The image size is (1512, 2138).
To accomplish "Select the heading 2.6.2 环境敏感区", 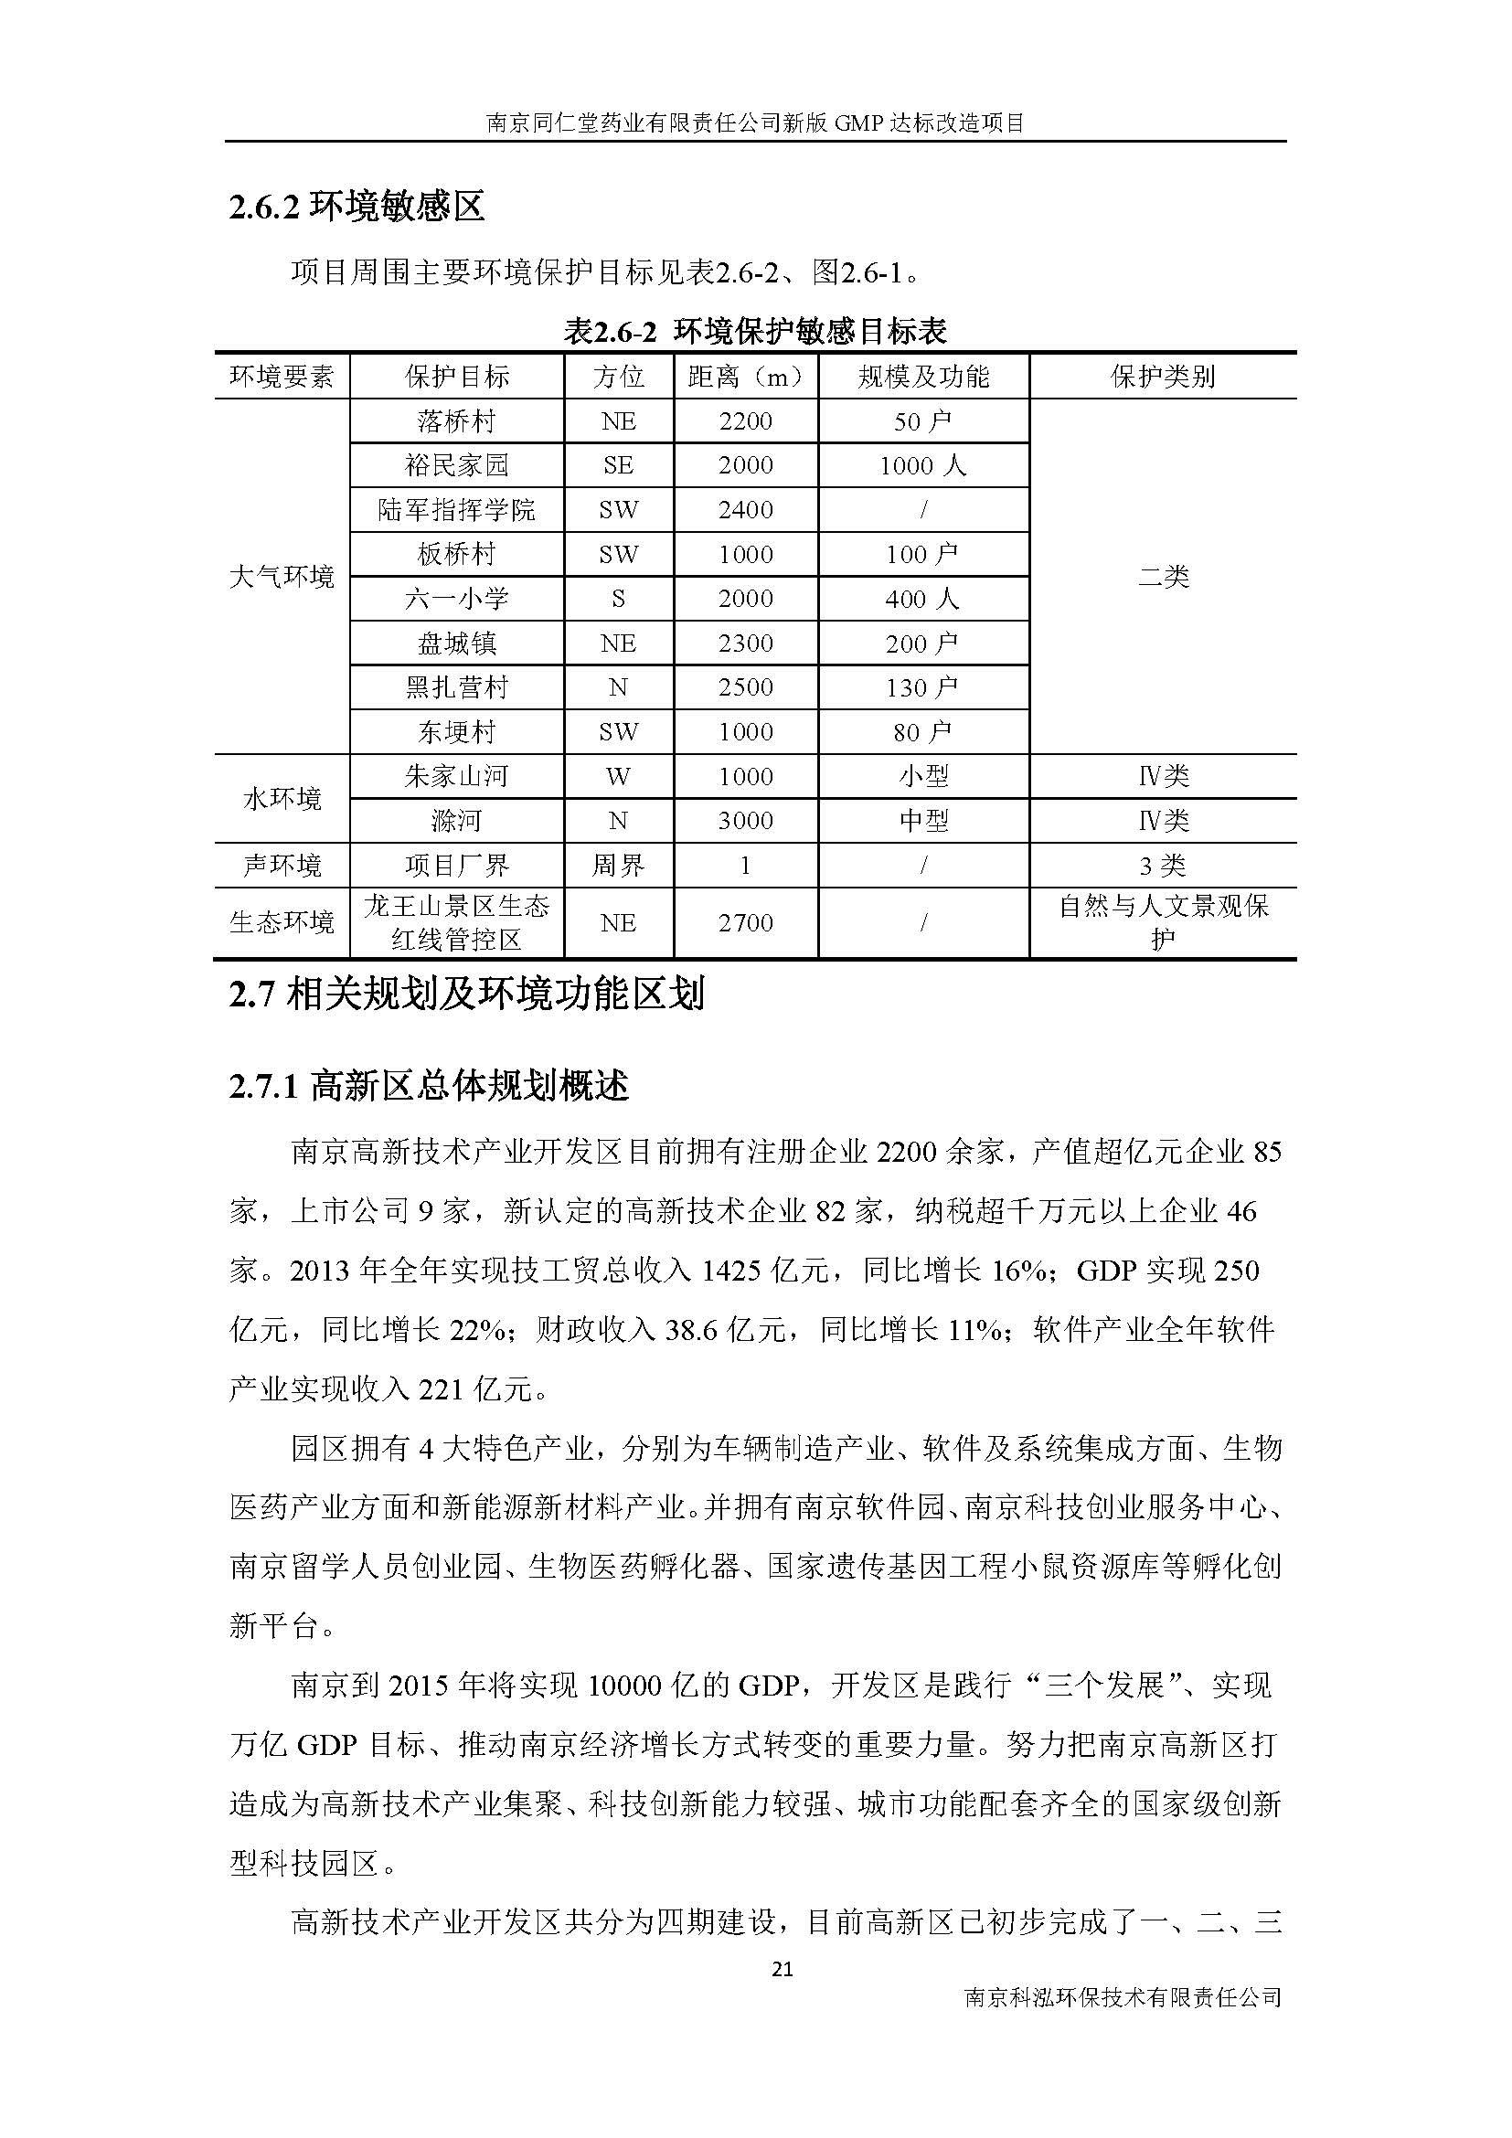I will pos(357,207).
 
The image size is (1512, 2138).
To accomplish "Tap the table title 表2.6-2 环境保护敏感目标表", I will pos(755,331).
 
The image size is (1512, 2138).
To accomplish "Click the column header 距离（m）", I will pos(746,378).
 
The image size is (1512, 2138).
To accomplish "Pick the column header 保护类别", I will pos(1163,378).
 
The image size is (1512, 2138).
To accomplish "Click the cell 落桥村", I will pos(456,421).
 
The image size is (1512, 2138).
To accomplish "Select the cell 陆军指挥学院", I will pos(456,510).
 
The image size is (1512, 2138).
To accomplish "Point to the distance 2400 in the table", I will pos(746,510).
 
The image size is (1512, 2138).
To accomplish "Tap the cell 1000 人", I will pos(922,465).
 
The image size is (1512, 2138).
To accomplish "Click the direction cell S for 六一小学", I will pos(618,599).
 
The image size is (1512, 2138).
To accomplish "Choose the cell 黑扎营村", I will pos(456,687).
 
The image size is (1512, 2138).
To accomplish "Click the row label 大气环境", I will pos(282,578).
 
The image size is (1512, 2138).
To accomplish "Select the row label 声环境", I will pos(282,866).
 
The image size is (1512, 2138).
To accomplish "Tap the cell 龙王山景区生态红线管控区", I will pos(456,923).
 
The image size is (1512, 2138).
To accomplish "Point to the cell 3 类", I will pos(1163,866).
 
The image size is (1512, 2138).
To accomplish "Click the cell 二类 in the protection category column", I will pos(1163,578).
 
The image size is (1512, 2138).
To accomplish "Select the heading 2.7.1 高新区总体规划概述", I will pos(430,1086).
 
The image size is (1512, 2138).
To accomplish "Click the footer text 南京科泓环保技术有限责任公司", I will pos(1123,1997).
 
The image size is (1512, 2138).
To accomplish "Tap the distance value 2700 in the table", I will pos(746,923).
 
